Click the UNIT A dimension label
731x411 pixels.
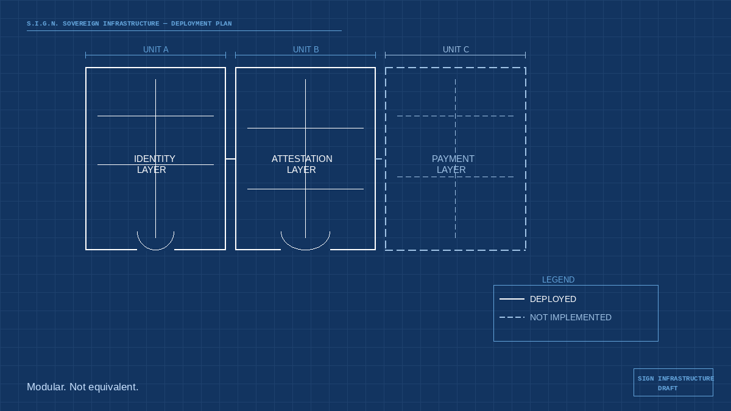coord(155,49)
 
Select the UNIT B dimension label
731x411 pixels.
coord(306,49)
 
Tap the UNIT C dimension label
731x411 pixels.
coord(456,49)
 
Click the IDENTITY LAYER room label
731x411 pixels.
coord(154,164)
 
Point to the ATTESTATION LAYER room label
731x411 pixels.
coord(302,164)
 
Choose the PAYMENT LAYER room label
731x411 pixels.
coord(453,164)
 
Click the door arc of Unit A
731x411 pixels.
coord(155,247)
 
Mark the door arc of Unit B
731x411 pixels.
coord(305,247)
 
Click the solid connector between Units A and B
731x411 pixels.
coord(230,159)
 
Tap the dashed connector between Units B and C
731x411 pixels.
coord(380,159)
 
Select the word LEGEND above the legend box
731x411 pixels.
coord(558,279)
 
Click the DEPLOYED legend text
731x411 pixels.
coord(553,299)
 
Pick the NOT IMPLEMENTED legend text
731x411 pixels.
coord(570,317)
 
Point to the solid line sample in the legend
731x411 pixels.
coord(512,299)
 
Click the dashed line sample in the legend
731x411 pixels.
coord(512,317)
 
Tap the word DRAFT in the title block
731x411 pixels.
coord(667,388)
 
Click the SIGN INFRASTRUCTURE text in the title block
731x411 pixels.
coord(676,379)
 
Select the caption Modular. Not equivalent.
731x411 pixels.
coord(83,387)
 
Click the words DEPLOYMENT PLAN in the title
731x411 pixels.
coord(201,24)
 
